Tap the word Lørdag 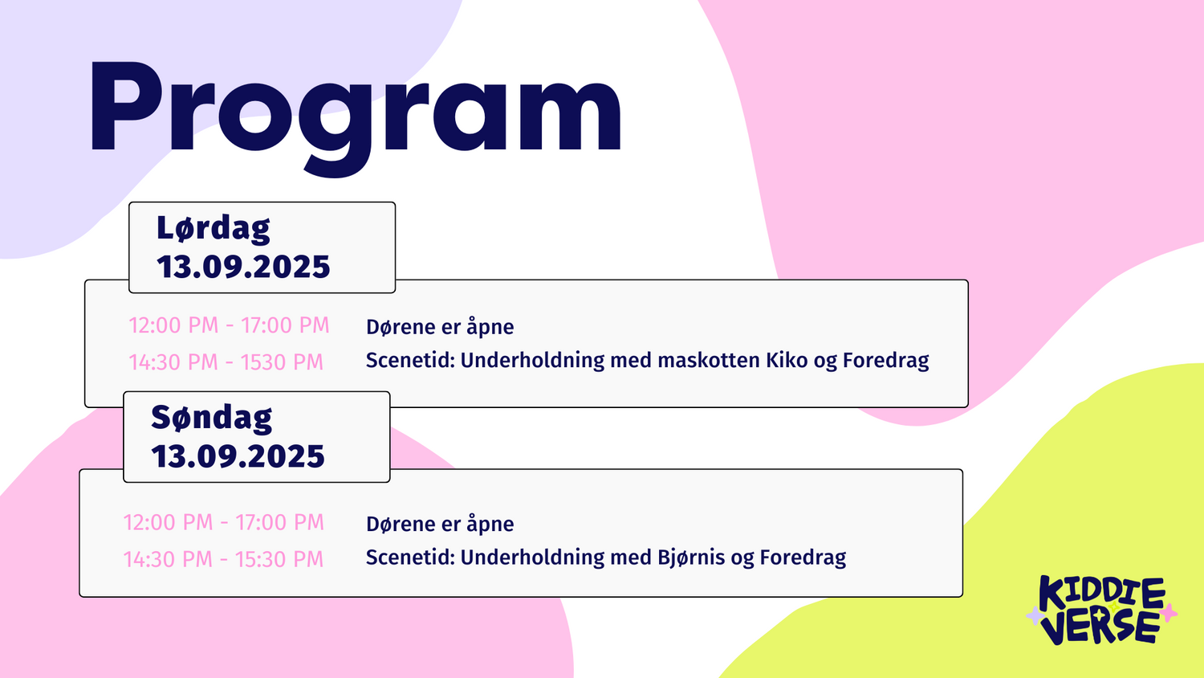point(214,228)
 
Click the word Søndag point(212,418)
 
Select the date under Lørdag point(243,267)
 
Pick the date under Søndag point(238,456)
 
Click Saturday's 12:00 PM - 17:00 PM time point(229,325)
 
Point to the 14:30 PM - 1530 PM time point(226,362)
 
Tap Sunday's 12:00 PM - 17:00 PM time point(224,522)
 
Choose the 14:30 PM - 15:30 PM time point(224,559)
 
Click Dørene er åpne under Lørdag point(440,327)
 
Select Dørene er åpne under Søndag point(440,524)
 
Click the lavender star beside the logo point(1034,615)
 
